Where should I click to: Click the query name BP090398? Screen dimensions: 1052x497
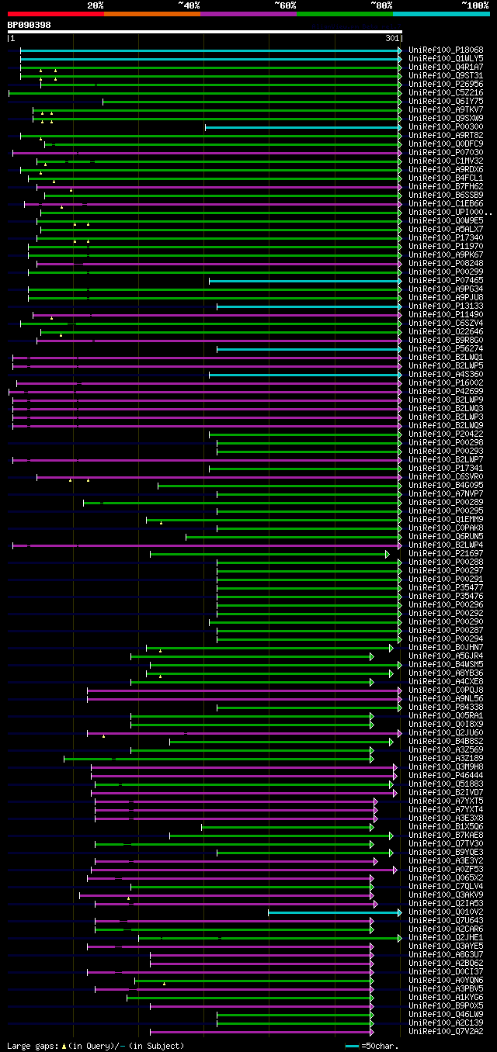pos(30,25)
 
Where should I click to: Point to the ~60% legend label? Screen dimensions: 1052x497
pos(285,5)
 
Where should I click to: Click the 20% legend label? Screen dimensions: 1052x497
pos(96,5)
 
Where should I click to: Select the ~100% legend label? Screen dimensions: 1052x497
pos(474,5)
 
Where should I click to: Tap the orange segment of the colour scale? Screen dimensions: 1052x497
pos(151,14)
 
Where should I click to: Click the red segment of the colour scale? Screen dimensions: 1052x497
pos(55,14)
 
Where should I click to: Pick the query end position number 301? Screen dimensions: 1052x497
pos(391,38)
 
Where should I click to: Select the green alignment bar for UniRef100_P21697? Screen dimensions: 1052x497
pos(269,554)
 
